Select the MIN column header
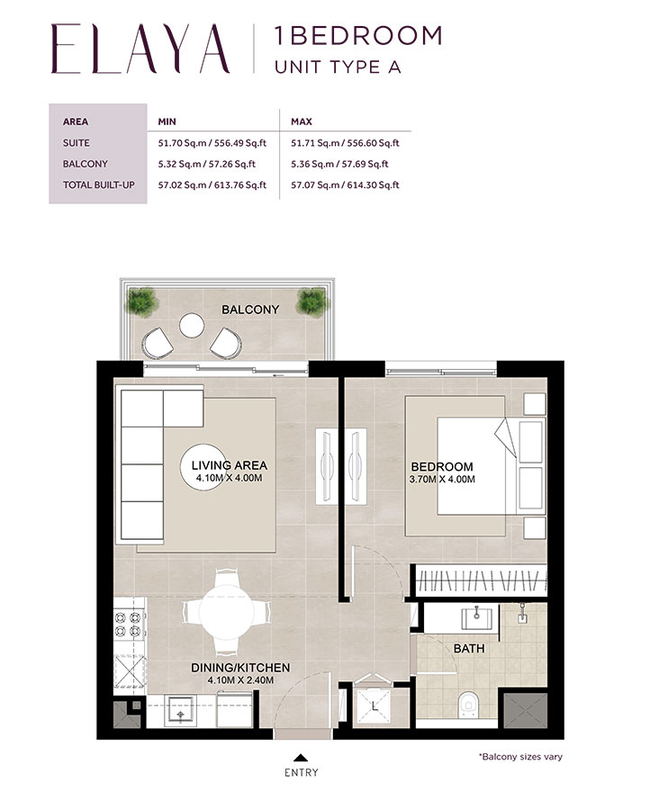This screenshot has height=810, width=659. pos(167,121)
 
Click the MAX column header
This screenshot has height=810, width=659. pos(301,121)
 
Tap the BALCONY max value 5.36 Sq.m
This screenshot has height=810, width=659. pos(339,164)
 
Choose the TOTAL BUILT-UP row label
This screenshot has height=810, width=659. pos(96,185)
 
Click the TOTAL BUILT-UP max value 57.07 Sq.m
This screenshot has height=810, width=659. pos(345,185)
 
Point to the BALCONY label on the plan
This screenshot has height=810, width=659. pos(250,310)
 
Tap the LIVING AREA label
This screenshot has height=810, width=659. pos(229,465)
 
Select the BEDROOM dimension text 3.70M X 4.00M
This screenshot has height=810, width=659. pos(442,480)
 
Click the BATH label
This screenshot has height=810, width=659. pos(468,648)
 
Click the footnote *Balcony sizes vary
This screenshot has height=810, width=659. pos(520,757)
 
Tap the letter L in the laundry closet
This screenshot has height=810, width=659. pos(375,707)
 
